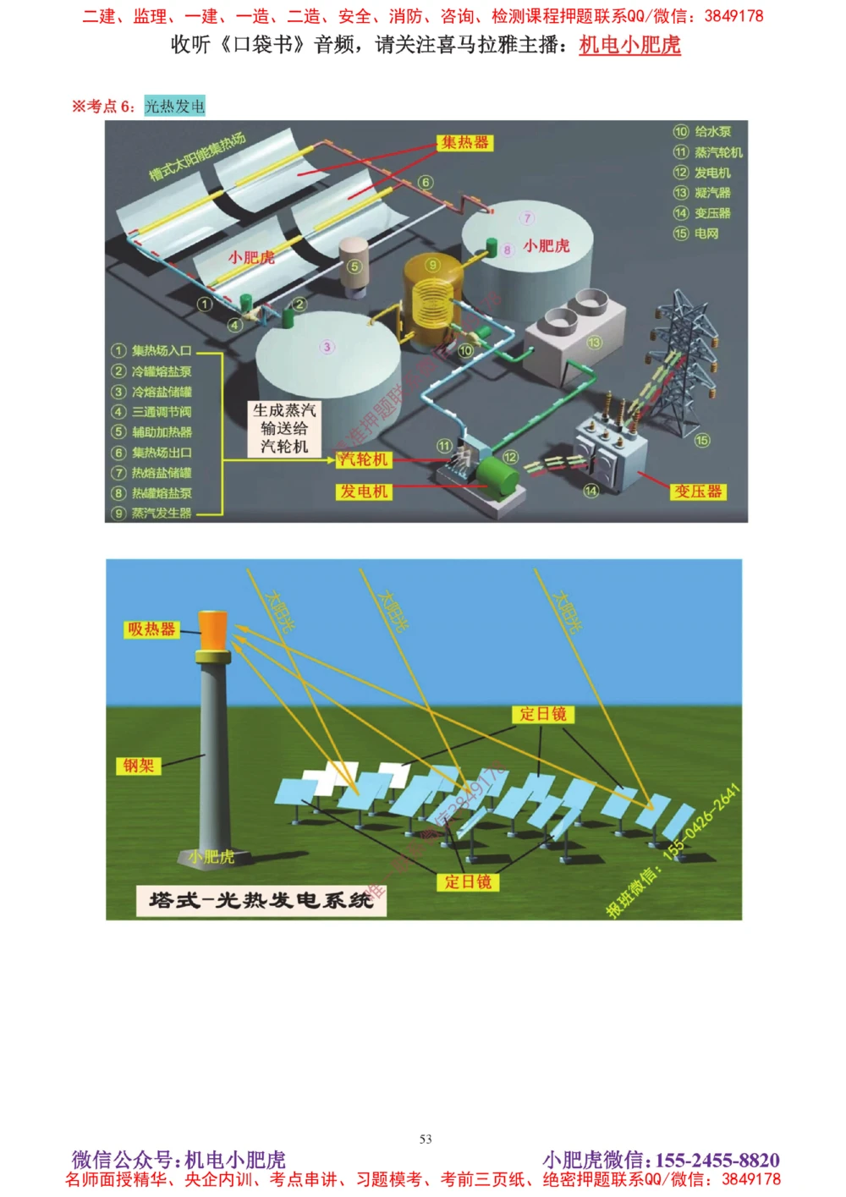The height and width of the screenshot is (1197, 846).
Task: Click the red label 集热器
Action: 464,143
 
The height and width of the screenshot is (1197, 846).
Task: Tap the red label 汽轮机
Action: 363,459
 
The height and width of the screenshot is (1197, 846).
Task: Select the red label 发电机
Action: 364,491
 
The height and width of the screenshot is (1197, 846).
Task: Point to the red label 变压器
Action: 698,491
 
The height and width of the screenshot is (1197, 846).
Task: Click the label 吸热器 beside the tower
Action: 151,629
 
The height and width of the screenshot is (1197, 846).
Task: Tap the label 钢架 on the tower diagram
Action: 138,766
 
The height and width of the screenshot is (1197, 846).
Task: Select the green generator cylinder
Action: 497,477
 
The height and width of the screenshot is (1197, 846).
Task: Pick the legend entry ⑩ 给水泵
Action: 702,132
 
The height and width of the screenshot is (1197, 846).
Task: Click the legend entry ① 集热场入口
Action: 152,351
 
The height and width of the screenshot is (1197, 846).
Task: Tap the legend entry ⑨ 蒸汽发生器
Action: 152,513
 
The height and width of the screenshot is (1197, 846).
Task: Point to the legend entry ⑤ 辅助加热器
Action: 152,432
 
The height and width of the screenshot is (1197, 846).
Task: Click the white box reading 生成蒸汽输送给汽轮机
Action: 284,429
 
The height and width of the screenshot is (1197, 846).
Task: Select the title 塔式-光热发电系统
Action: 261,900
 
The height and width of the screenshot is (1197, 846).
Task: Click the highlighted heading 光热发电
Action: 174,107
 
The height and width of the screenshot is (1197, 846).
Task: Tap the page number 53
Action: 426,1139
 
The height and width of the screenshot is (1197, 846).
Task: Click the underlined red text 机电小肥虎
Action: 629,45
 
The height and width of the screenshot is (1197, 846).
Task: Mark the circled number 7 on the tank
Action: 527,218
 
